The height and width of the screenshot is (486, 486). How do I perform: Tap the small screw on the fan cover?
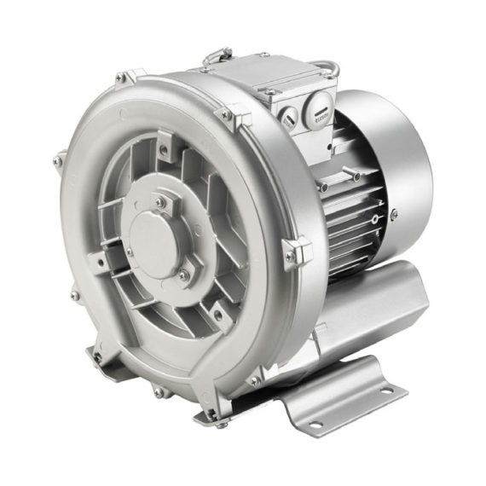tap(393, 215)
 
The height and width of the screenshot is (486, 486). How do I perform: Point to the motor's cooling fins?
tap(350, 222)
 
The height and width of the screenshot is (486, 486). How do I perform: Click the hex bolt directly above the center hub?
tap(159, 202)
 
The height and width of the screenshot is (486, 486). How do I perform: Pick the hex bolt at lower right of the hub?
tap(183, 275)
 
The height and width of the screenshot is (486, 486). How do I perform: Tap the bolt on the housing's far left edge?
tap(58, 159)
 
